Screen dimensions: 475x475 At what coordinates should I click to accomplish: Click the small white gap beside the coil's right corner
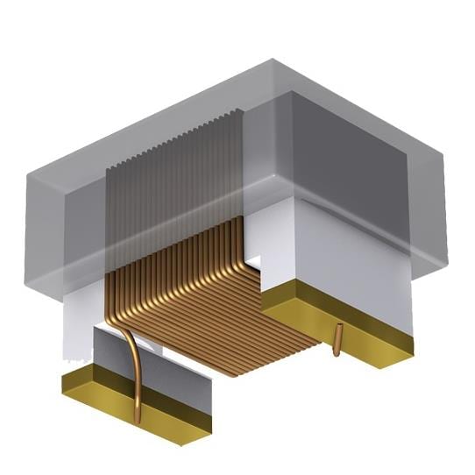tap(253, 262)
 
